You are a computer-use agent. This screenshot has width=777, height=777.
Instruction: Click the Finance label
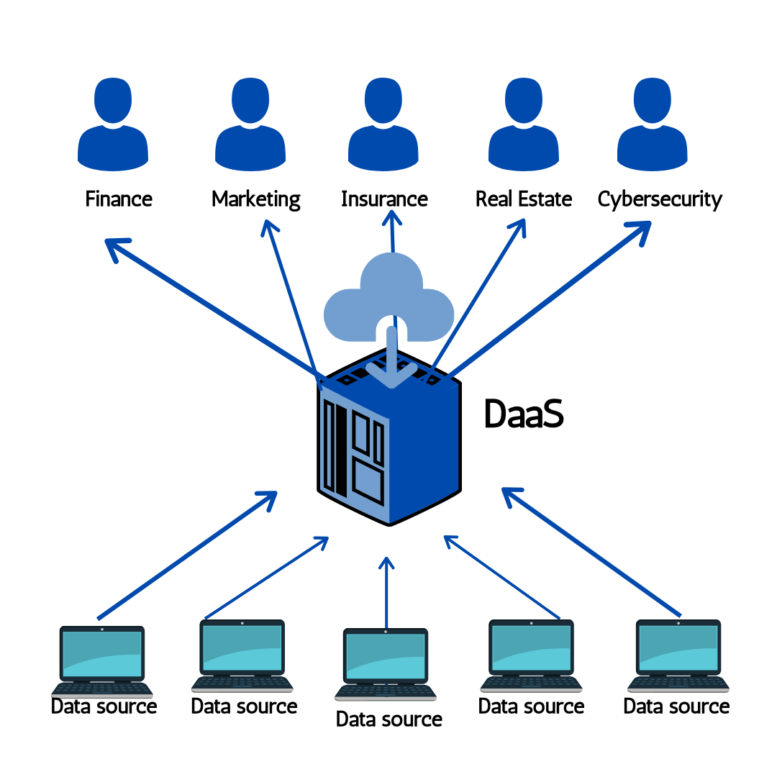(x=119, y=199)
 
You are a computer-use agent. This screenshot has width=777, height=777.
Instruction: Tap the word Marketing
(x=256, y=199)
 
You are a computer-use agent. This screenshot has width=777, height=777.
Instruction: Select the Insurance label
(x=384, y=199)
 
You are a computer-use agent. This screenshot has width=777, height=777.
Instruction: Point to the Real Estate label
(x=524, y=199)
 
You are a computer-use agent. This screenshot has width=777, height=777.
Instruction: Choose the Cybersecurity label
(x=660, y=199)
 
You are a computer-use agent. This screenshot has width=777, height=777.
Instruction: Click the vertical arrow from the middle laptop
(x=387, y=594)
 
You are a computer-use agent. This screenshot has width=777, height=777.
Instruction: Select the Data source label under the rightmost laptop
(x=676, y=706)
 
